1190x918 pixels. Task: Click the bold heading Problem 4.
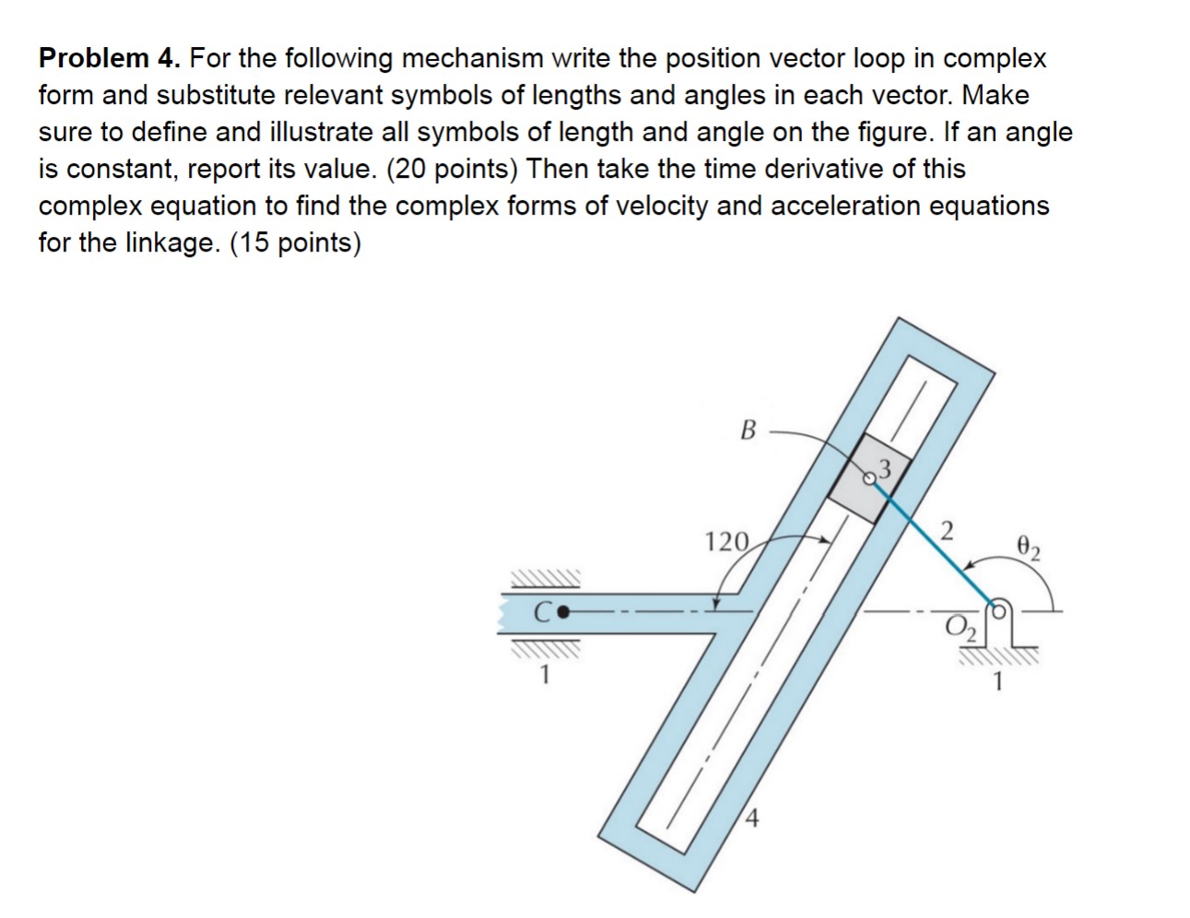coord(111,59)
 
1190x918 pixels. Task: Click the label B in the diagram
coord(748,430)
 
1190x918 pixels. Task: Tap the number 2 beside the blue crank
coord(947,531)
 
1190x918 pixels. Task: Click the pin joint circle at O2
coord(998,609)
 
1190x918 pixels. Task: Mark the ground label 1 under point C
coord(545,676)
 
